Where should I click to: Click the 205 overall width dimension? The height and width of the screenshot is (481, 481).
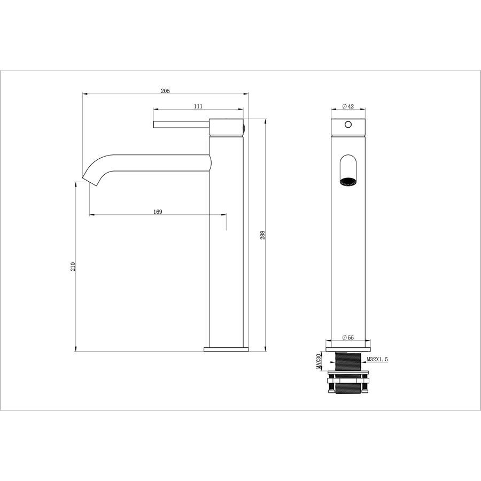[165, 91]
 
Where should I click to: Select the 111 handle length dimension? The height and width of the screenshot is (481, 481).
[198, 106]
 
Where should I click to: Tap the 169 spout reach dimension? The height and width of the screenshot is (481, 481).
[157, 212]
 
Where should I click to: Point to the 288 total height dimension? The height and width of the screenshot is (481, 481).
[262, 235]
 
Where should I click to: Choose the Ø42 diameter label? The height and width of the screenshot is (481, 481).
[348, 106]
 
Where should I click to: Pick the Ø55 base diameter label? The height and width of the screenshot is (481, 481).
[348, 337]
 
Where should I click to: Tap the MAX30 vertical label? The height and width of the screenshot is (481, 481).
[319, 361]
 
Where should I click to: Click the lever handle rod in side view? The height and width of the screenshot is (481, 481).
[181, 125]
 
